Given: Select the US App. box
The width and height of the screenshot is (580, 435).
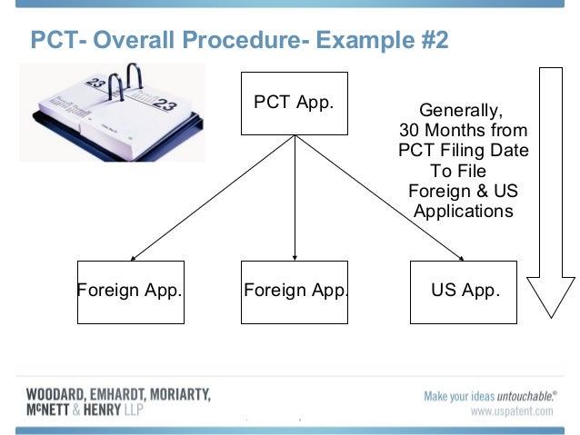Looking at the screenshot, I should point(464,292).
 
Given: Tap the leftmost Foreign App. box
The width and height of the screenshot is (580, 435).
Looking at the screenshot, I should point(131,292).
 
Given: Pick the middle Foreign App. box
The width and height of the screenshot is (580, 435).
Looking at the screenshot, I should point(295,292).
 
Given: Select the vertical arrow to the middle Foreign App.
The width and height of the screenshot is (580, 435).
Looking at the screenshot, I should point(295,200).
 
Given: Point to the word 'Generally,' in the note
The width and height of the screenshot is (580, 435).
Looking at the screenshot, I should point(460,112).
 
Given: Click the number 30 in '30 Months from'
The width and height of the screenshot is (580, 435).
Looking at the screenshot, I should point(410,132).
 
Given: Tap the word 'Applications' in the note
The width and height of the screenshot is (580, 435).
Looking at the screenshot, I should point(463,212).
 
